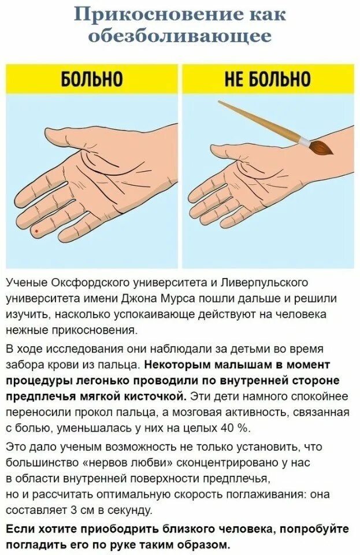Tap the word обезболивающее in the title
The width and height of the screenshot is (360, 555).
coord(180,35)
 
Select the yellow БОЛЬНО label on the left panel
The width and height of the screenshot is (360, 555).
coord(92,79)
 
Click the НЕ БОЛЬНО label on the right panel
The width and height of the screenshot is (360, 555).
coord(268,79)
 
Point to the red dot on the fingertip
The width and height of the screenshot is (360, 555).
coord(37,231)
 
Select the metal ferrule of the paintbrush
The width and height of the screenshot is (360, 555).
coord(303,140)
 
